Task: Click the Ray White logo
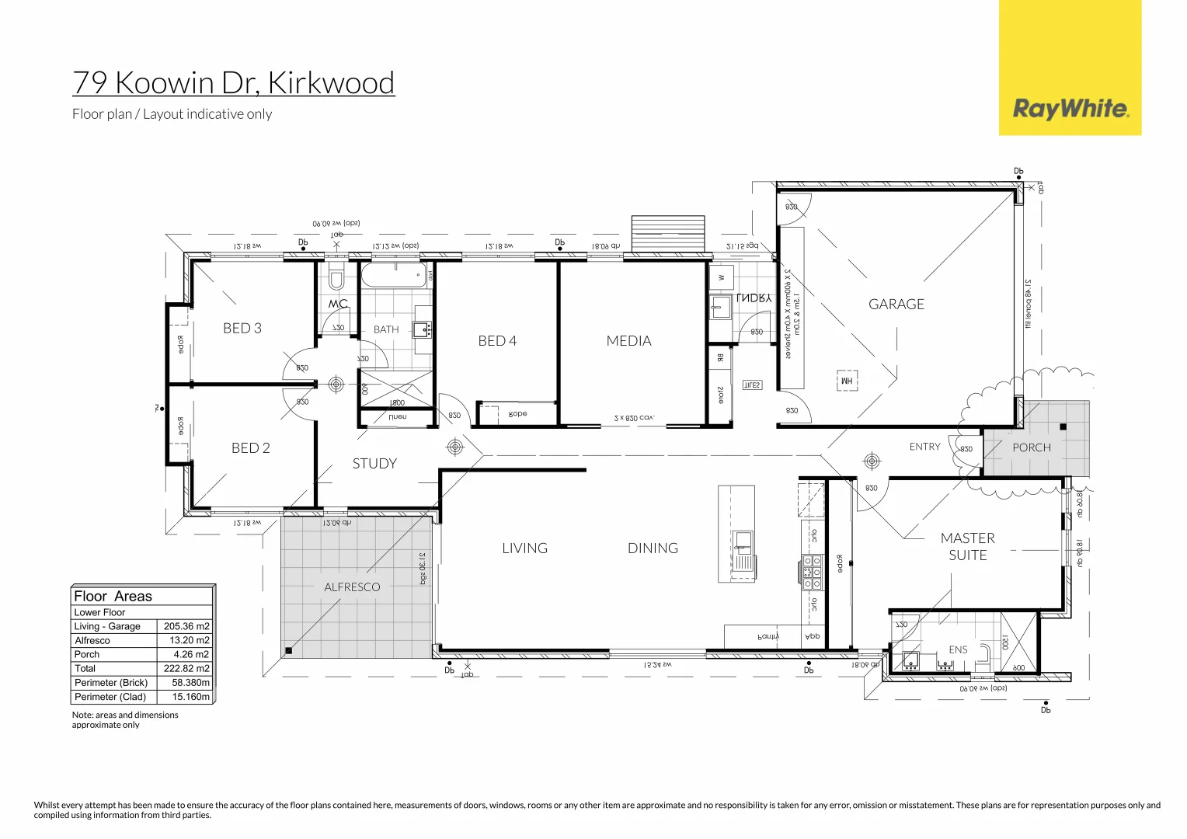(x=1070, y=108)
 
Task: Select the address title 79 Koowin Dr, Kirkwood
(x=233, y=82)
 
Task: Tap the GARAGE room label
(x=896, y=305)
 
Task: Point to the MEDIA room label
(x=628, y=341)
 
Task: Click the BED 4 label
(x=497, y=341)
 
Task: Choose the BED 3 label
(x=242, y=329)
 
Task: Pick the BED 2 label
(x=250, y=448)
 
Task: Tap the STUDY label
(x=374, y=464)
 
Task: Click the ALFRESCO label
(x=352, y=587)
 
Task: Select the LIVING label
(x=524, y=548)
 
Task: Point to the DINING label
(x=653, y=548)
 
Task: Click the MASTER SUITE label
(x=967, y=547)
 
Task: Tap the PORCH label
(x=1031, y=448)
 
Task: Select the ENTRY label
(x=924, y=447)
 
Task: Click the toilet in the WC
(x=336, y=277)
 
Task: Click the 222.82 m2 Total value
(x=186, y=669)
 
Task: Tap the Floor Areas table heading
(x=113, y=597)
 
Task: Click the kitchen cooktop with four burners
(x=813, y=573)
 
